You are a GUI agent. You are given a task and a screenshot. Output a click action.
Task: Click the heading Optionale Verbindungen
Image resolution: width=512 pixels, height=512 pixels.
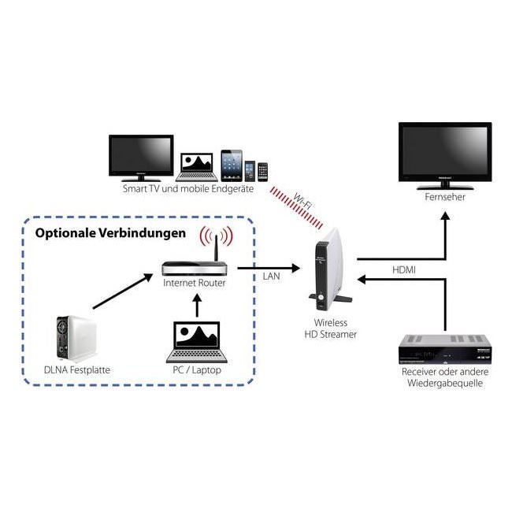pyautogui.click(x=110, y=234)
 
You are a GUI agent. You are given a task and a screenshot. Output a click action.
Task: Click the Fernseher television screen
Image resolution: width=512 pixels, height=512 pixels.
pyautogui.click(x=444, y=154)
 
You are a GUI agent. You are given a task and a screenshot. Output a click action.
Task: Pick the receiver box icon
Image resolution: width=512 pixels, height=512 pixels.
pyautogui.click(x=446, y=348)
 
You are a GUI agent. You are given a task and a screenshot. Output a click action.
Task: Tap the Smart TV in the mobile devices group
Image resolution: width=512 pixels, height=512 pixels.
pyautogui.click(x=141, y=157)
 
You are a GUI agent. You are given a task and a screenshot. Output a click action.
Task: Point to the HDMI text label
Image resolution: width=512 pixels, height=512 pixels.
pyautogui.click(x=405, y=269)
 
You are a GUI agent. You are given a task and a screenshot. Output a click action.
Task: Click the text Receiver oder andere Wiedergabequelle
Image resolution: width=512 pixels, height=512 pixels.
pyautogui.click(x=446, y=377)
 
